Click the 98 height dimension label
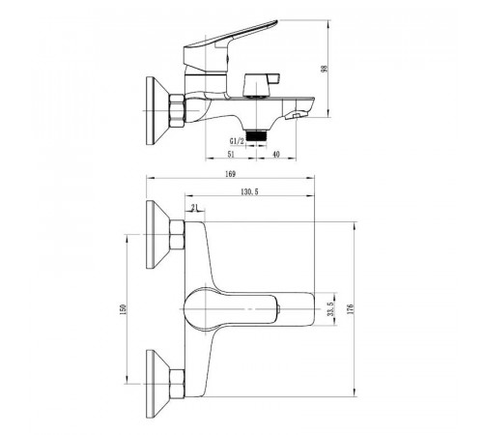[x=325, y=69]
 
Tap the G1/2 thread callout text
[x=237, y=141]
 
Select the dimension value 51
[x=231, y=155]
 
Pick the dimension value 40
[x=276, y=155]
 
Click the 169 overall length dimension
[x=230, y=174]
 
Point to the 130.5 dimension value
[x=249, y=192]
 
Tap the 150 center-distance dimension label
[x=125, y=309]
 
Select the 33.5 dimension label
[x=332, y=308]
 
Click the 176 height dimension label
[x=351, y=308]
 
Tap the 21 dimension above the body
[x=194, y=208]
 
